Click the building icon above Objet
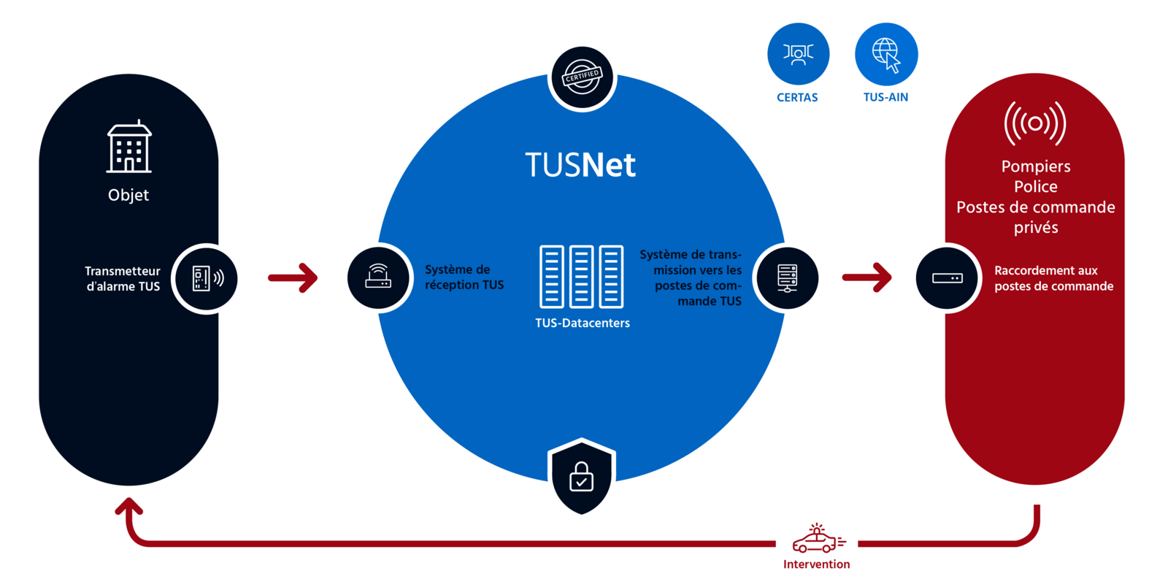pyautogui.click(x=129, y=147)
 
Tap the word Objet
pyautogui.click(x=128, y=195)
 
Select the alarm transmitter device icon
pyautogui.click(x=207, y=278)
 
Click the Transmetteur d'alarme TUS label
pyautogui.click(x=123, y=278)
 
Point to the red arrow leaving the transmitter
pyautogui.click(x=293, y=277)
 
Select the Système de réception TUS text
pyautogui.click(x=464, y=277)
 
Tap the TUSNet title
pyautogui.click(x=580, y=165)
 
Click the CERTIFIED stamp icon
pyautogui.click(x=582, y=77)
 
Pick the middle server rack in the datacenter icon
pyautogui.click(x=581, y=277)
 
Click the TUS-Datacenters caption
pyautogui.click(x=582, y=323)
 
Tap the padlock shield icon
pyautogui.click(x=581, y=478)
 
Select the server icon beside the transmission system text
pyautogui.click(x=788, y=278)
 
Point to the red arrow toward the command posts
pyautogui.click(x=868, y=277)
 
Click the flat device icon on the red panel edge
pyautogui.click(x=947, y=278)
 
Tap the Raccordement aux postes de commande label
pyautogui.click(x=1053, y=278)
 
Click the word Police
pyautogui.click(x=1035, y=187)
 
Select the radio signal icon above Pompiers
pyautogui.click(x=1035, y=123)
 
